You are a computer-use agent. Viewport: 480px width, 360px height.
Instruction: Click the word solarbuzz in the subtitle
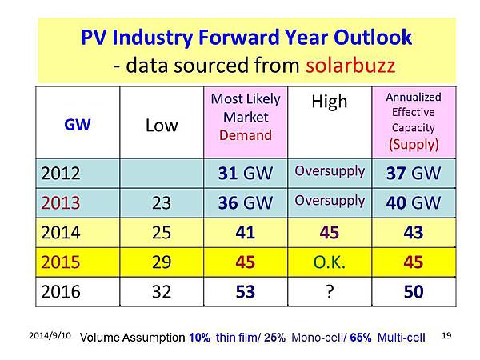pyautogui.click(x=350, y=64)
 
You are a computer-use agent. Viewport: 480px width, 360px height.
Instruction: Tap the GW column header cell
pyautogui.click(x=78, y=125)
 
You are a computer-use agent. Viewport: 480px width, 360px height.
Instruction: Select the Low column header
pyautogui.click(x=162, y=125)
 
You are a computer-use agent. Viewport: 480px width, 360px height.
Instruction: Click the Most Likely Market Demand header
pyautogui.click(x=246, y=116)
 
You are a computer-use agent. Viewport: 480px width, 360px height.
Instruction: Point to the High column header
pyautogui.click(x=329, y=102)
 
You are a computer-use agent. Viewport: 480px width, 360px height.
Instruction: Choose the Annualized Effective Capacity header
pyautogui.click(x=413, y=121)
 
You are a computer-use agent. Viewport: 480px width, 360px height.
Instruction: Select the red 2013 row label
pyautogui.click(x=61, y=202)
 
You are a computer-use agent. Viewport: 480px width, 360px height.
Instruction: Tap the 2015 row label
pyautogui.click(x=61, y=262)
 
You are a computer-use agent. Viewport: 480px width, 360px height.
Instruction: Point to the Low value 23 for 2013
pyautogui.click(x=162, y=202)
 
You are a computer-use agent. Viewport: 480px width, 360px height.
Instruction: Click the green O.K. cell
pyautogui.click(x=329, y=262)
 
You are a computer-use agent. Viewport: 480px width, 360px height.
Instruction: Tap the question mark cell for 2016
pyautogui.click(x=329, y=291)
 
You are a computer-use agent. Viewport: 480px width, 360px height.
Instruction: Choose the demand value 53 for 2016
pyautogui.click(x=246, y=291)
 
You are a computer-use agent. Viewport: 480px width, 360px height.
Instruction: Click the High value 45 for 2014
pyautogui.click(x=329, y=232)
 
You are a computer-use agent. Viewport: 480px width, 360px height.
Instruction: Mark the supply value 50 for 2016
pyautogui.click(x=413, y=291)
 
